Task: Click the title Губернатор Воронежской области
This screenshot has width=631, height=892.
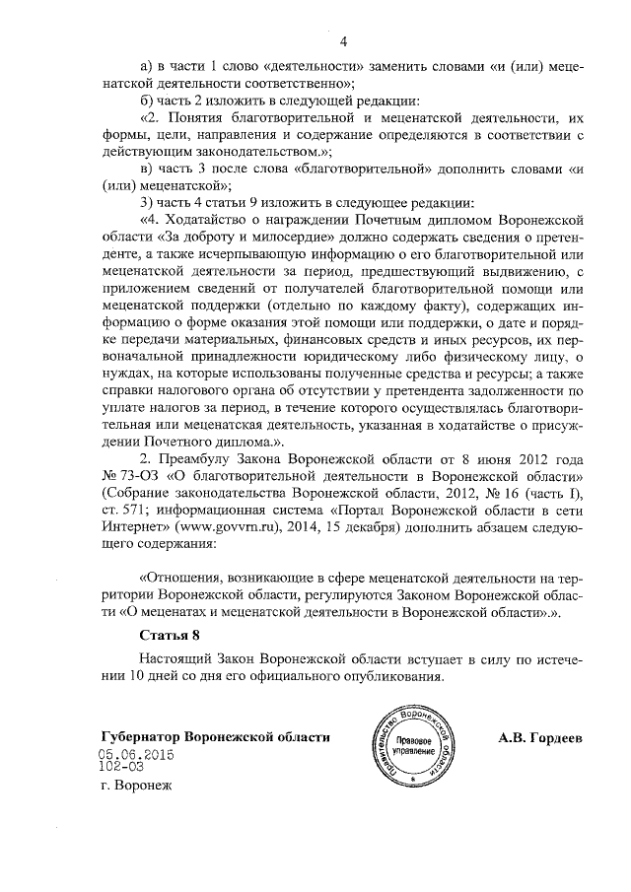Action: point(215,738)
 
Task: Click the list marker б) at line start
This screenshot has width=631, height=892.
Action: point(150,101)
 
